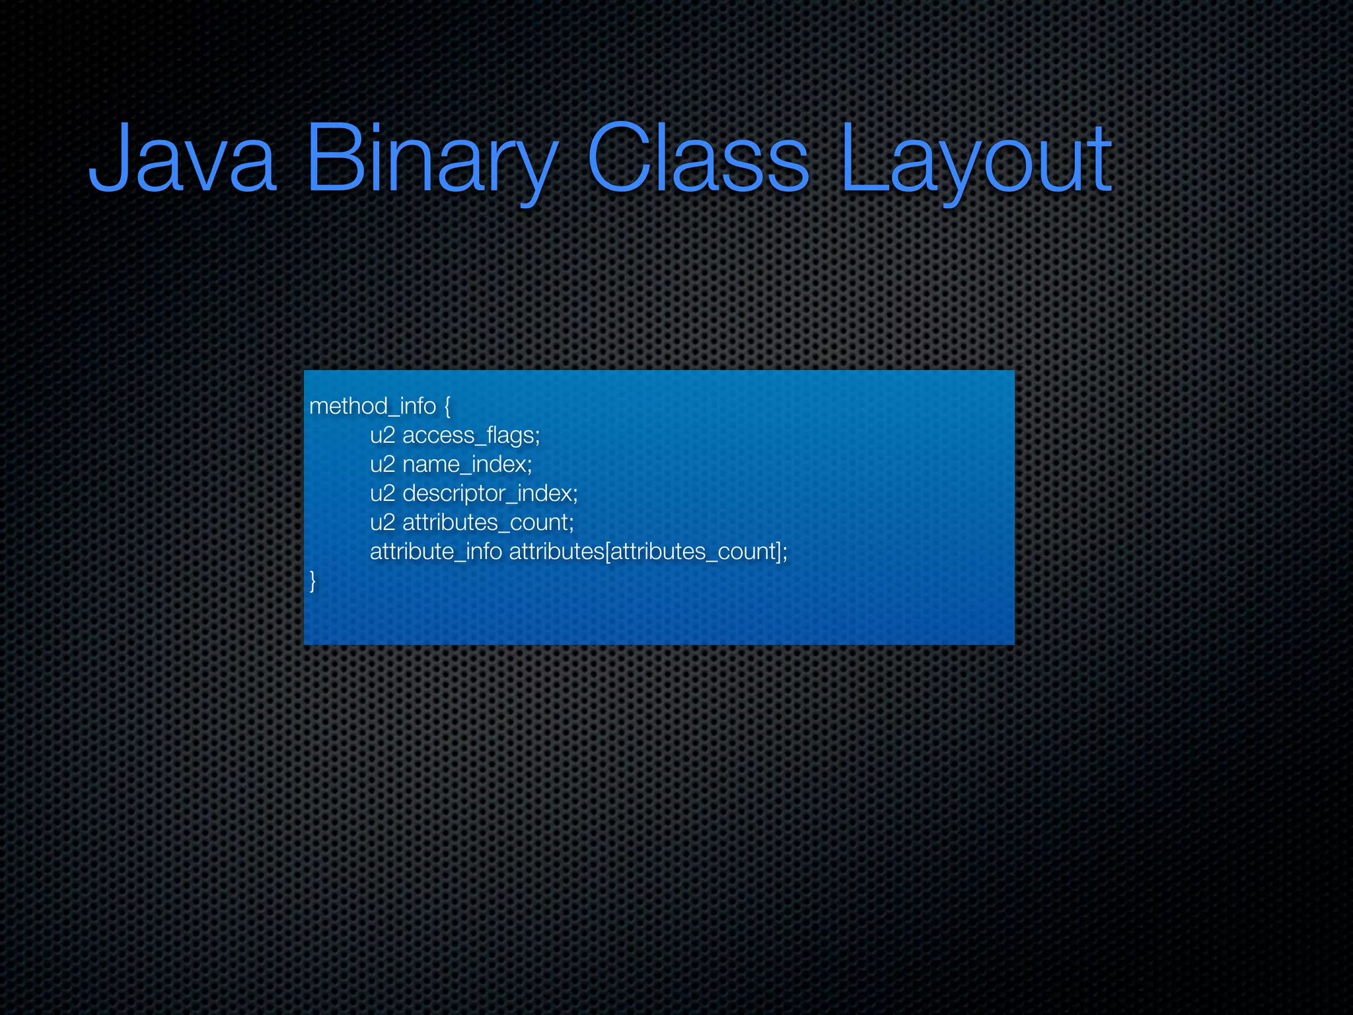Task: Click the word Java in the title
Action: [182, 159]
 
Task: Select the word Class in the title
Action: [698, 159]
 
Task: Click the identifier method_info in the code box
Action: [373, 406]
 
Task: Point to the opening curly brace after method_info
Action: [447, 406]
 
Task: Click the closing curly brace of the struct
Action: [312, 581]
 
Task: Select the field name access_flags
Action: [468, 435]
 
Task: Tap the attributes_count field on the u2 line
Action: [485, 522]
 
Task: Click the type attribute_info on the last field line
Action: [436, 551]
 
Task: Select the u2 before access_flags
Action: [383, 435]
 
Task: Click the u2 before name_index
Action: [383, 464]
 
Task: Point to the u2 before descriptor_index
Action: [383, 493]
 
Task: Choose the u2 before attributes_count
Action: [383, 522]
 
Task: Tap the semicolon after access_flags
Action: [537, 437]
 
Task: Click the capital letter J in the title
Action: [106, 159]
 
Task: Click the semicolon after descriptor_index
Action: [575, 495]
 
